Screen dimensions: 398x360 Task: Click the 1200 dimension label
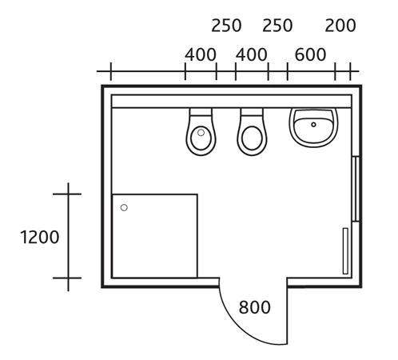click(x=39, y=237)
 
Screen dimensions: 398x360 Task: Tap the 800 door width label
click(x=254, y=307)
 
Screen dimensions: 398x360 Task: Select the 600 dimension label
click(x=310, y=54)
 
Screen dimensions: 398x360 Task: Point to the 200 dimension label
click(x=340, y=26)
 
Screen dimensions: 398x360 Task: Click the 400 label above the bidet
click(x=201, y=54)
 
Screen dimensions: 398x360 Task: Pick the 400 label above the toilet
click(x=251, y=54)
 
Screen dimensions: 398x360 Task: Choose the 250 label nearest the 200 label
click(x=277, y=26)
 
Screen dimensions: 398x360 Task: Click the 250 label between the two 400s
click(x=226, y=26)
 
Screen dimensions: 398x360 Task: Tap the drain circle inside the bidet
click(x=201, y=133)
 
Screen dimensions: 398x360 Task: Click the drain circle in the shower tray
click(x=124, y=207)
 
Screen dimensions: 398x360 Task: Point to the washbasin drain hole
click(x=313, y=125)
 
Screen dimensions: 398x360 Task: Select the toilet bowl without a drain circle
click(x=252, y=132)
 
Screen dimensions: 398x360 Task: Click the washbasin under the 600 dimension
click(x=314, y=128)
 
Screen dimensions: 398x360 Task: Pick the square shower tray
click(x=155, y=236)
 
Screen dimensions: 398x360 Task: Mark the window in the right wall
click(x=356, y=189)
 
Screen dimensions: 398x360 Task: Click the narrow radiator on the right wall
click(x=345, y=251)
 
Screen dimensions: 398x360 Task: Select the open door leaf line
click(x=287, y=311)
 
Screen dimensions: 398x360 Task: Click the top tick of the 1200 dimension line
click(x=67, y=194)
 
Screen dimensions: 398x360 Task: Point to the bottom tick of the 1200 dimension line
click(x=67, y=278)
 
